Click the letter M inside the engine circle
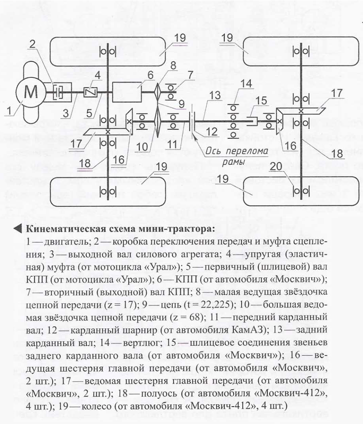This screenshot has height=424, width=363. click(x=29, y=92)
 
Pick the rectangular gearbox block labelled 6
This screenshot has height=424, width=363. click(x=127, y=92)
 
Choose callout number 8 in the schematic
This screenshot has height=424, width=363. click(x=173, y=65)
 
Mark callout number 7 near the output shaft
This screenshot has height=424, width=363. click(x=190, y=75)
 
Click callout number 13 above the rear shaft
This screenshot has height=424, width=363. click(x=215, y=95)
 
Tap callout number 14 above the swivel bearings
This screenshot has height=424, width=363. click(x=246, y=84)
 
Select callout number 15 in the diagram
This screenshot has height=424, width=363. click(x=261, y=101)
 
